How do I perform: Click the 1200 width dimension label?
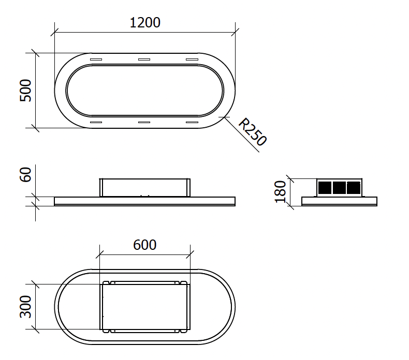pyautogui.click(x=145, y=23)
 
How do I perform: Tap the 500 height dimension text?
pyautogui.click(x=25, y=91)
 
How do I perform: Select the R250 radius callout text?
pyautogui.click(x=253, y=132)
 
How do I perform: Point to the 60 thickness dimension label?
pyautogui.click(x=25, y=175)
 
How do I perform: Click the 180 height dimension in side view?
pyautogui.click(x=281, y=191)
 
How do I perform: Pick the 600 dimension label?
pyautogui.click(x=145, y=245)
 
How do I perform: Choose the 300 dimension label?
pyautogui.click(x=25, y=307)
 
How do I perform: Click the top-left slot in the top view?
pyautogui.click(x=96, y=59)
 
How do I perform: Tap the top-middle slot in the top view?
pyautogui.click(x=144, y=59)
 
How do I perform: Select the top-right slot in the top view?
pyautogui.click(x=192, y=59)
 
